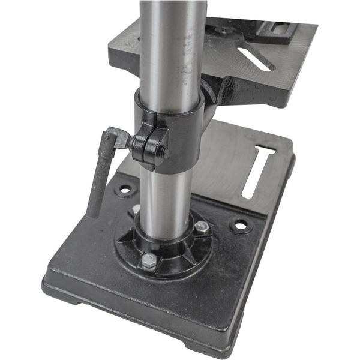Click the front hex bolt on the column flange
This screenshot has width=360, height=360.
tap(148, 260)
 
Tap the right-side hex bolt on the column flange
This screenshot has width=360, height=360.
tap(202, 227)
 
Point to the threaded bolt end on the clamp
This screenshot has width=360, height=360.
tap(163, 152)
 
